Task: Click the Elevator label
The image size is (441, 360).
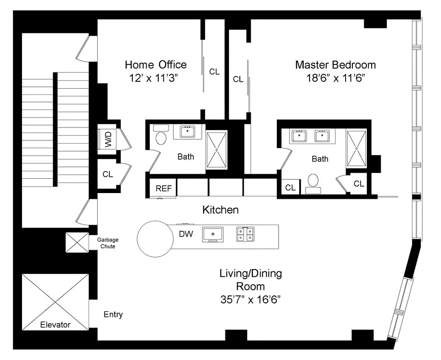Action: [x=55, y=324]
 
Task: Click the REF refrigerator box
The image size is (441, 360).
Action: [x=163, y=188]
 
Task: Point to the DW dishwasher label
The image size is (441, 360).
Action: [x=186, y=234]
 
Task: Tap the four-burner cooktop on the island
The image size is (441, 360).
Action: [x=245, y=234]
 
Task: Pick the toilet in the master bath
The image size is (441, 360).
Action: [x=312, y=183]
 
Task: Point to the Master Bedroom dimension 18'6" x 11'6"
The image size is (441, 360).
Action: [x=335, y=77]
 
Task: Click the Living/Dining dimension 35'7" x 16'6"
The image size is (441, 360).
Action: [x=251, y=299]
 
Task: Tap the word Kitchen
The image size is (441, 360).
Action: [x=220, y=210]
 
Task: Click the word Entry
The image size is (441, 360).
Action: [x=113, y=315]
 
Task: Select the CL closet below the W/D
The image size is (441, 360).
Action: [x=108, y=174]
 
